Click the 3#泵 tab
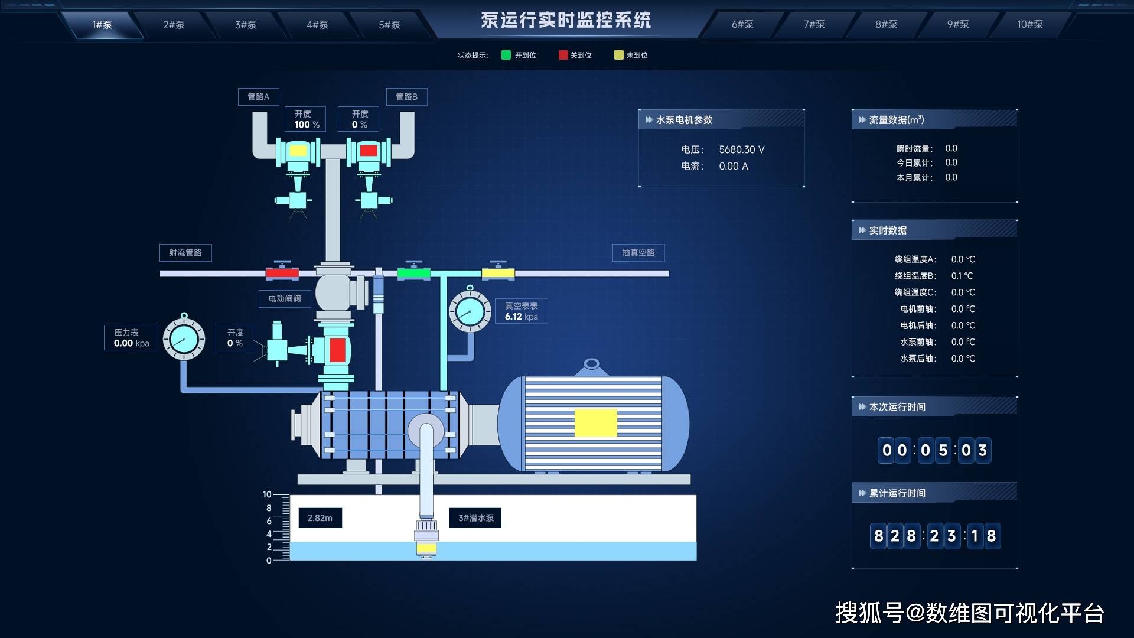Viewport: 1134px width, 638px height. pos(246,25)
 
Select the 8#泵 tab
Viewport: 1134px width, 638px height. pos(886,24)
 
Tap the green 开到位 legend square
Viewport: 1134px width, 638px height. pos(506,55)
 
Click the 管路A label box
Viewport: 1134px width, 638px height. pos(258,97)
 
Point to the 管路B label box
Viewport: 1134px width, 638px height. pos(406,97)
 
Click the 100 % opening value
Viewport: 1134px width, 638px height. pos(307,125)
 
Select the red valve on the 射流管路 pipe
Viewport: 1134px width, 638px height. pos(282,274)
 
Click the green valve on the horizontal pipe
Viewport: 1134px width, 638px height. pos(413,273)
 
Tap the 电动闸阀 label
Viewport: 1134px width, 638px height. pos(285,299)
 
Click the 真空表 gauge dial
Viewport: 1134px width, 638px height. pos(470,311)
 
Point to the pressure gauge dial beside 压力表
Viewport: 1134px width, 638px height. pos(184,339)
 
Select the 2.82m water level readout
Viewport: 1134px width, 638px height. pos(320,518)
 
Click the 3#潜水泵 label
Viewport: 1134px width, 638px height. pos(475,518)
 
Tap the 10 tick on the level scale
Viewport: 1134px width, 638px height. pos(268,494)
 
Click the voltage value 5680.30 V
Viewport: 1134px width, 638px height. pos(741,150)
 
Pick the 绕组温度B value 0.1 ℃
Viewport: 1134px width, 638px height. pos(962,276)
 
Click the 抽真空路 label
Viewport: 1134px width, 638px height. pos(638,253)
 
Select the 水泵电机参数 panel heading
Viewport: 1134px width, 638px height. pos(684,120)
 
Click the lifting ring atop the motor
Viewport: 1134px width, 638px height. pos(591,364)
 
